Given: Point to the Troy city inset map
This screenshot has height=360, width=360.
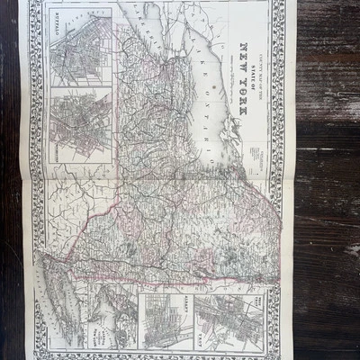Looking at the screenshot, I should pyautogui.click(x=225, y=319).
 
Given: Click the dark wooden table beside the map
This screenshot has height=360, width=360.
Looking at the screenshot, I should pyautogui.click(x=324, y=180).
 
